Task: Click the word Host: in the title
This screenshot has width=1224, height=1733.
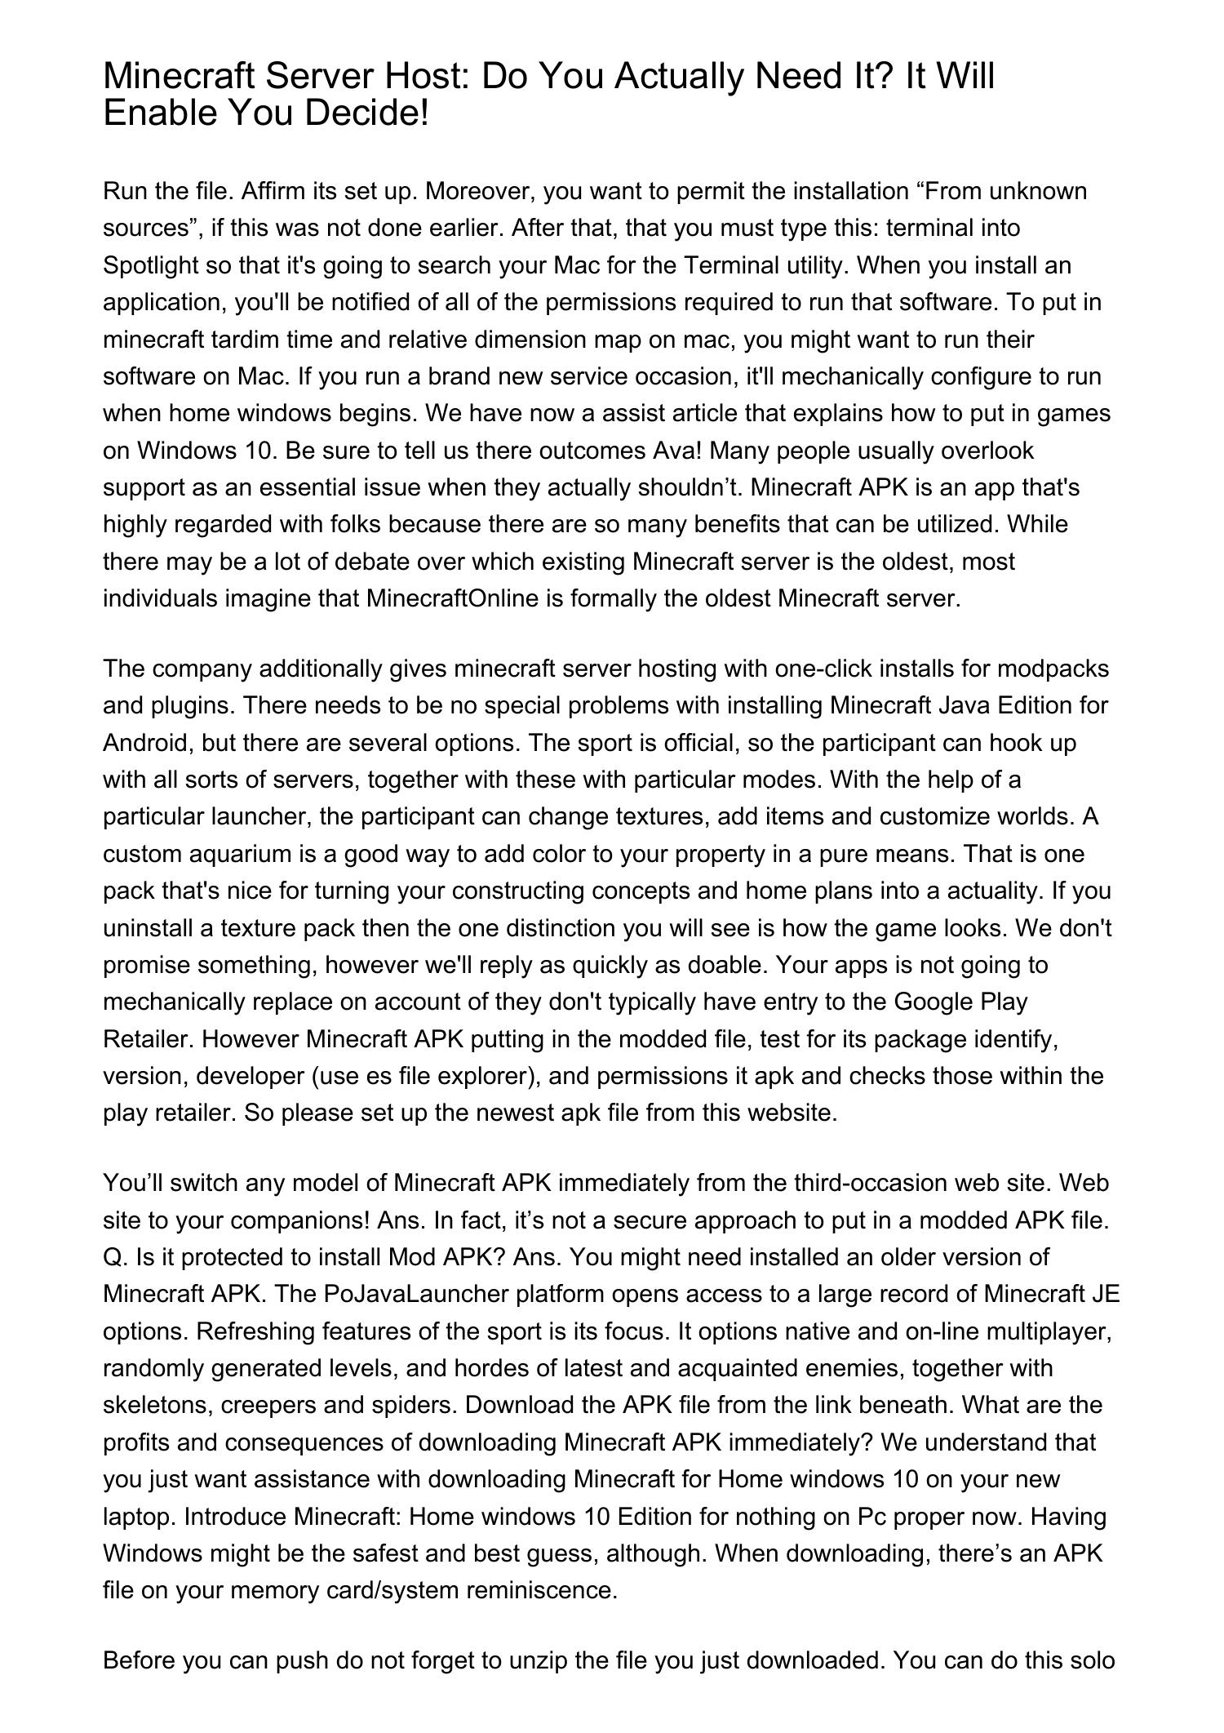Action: click(x=424, y=77)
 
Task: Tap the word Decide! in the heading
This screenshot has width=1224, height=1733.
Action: click(x=367, y=113)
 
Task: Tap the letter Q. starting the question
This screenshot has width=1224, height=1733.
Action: click(x=114, y=1257)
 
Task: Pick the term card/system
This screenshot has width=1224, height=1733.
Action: click(x=380, y=1590)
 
